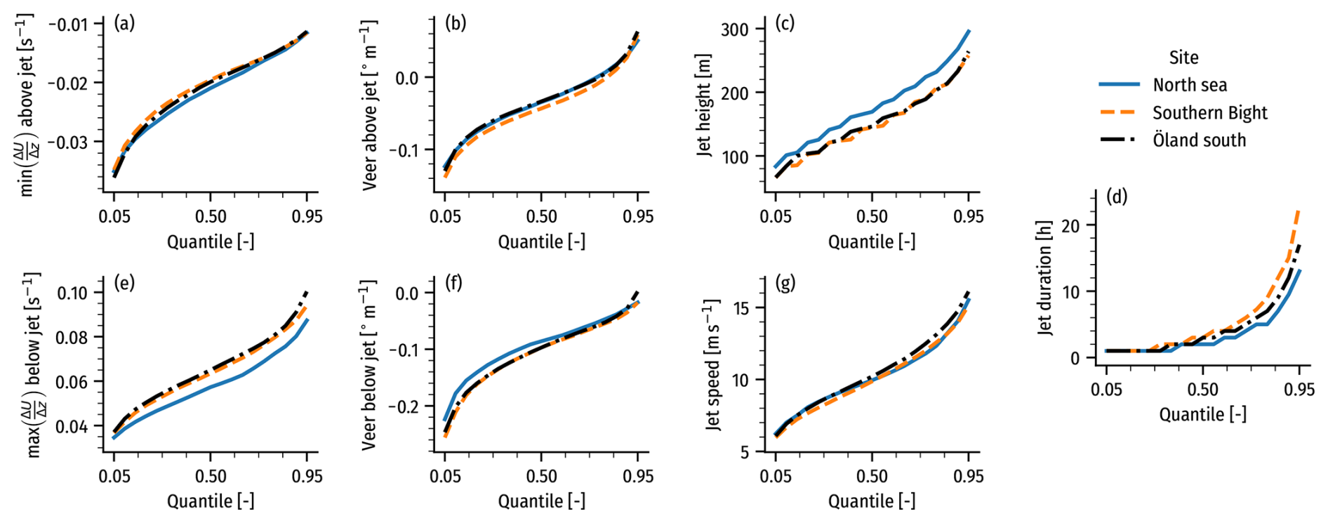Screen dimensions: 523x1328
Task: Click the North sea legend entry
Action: click(1190, 85)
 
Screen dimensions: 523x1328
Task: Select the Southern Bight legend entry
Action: click(1209, 113)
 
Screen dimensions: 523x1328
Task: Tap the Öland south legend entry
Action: click(1199, 140)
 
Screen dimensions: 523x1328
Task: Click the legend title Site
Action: click(1183, 58)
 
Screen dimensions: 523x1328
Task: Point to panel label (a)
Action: click(124, 23)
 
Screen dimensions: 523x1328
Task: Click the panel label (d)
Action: click(1117, 197)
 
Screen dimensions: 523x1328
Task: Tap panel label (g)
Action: click(785, 283)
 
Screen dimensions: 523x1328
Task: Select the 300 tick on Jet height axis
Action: click(734, 29)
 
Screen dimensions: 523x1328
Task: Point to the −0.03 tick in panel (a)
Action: click(68, 142)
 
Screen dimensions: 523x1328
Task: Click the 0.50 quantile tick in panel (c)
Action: click(872, 216)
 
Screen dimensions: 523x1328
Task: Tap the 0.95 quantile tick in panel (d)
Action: click(1299, 390)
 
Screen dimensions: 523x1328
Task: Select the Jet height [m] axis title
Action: click(704, 105)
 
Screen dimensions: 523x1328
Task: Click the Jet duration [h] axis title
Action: click(1045, 278)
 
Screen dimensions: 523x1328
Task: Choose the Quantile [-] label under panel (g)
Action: click(872, 501)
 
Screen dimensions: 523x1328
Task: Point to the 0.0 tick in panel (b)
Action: click(407, 78)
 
